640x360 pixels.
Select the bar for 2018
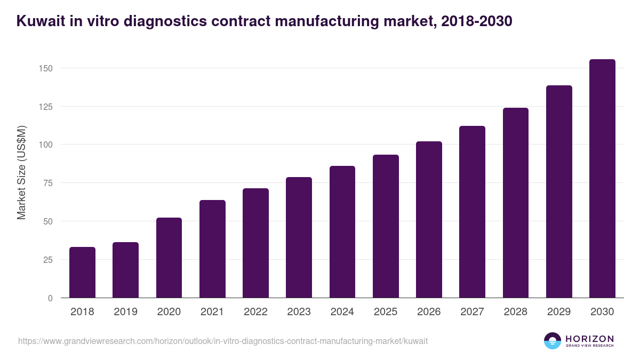pyautogui.click(x=82, y=273)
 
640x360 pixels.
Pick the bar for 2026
pyautogui.click(x=429, y=220)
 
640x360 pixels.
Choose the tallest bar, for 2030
pyautogui.click(x=602, y=179)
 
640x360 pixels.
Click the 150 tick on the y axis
pyautogui.click(x=45, y=68)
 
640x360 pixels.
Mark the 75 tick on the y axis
pyautogui.click(x=47, y=183)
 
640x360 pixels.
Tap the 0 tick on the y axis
pyautogui.click(x=50, y=298)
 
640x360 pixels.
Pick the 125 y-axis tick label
pyautogui.click(x=45, y=107)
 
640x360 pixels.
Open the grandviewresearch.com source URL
pyautogui.click(x=223, y=341)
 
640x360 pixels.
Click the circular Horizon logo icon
pyautogui.click(x=552, y=341)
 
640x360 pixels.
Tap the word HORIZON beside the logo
pyautogui.click(x=589, y=338)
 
